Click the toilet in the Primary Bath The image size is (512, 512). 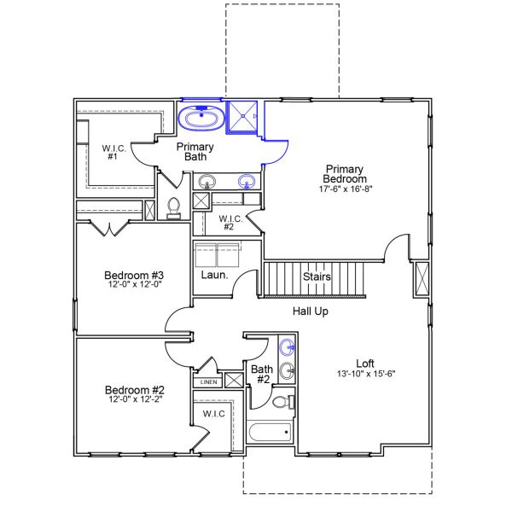click(x=174, y=208)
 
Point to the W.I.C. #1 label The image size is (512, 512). click(x=113, y=152)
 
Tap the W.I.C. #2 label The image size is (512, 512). click(x=231, y=224)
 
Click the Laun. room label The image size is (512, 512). click(x=213, y=275)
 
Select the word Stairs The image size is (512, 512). click(x=317, y=277)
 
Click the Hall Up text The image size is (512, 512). click(x=311, y=311)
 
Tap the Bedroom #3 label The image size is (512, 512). click(x=134, y=275)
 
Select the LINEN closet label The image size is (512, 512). click(x=209, y=382)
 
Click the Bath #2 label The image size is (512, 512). click(x=262, y=374)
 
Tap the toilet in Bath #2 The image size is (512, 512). click(x=283, y=402)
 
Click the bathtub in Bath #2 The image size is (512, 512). click(x=270, y=432)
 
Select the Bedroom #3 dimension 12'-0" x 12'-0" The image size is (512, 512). click(x=134, y=285)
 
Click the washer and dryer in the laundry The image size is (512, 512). click(x=218, y=255)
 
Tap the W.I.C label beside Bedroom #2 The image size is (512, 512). click(x=213, y=414)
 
